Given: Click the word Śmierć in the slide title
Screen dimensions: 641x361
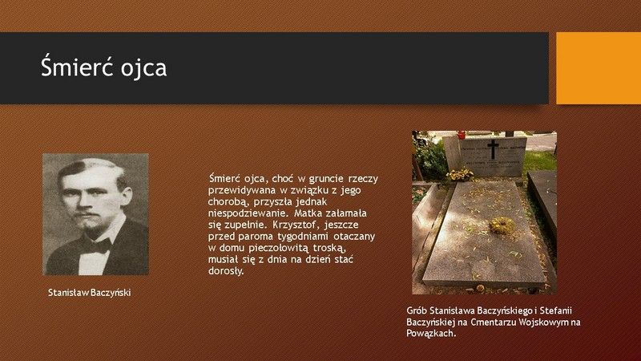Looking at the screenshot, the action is click(x=76, y=67).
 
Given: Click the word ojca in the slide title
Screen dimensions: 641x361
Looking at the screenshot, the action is click(x=143, y=68).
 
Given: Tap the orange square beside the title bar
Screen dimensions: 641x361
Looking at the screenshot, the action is click(x=599, y=68).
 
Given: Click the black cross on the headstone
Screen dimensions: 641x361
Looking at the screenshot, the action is click(x=494, y=149).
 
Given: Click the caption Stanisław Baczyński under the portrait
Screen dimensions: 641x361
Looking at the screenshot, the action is click(x=90, y=293).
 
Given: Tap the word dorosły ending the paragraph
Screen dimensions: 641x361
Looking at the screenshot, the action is click(x=226, y=271).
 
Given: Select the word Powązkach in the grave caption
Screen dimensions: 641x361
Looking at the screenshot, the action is click(x=431, y=333).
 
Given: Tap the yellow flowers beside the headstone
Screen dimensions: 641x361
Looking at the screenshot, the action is click(x=460, y=175).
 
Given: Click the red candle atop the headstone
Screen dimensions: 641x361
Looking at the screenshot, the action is click(x=462, y=135).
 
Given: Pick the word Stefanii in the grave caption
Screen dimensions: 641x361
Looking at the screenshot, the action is click(x=558, y=310).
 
